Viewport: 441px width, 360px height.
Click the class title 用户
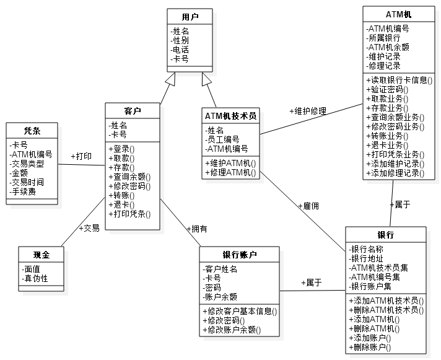(x=190, y=16)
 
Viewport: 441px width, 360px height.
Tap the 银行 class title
(x=385, y=235)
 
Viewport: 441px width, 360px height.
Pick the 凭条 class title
(x=32, y=131)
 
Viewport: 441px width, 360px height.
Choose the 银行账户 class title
(x=240, y=255)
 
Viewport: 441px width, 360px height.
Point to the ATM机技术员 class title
(x=230, y=116)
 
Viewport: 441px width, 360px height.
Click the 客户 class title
(x=133, y=112)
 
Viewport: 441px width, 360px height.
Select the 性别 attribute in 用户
(x=181, y=40)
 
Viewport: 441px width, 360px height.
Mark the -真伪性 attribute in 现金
(x=35, y=279)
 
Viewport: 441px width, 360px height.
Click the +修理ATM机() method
(x=231, y=172)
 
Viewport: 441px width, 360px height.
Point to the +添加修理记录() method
(x=396, y=173)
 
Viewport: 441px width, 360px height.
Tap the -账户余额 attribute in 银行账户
(x=220, y=297)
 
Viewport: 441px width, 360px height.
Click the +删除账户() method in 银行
(x=373, y=348)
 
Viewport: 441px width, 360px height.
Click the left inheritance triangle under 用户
(x=170, y=79)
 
